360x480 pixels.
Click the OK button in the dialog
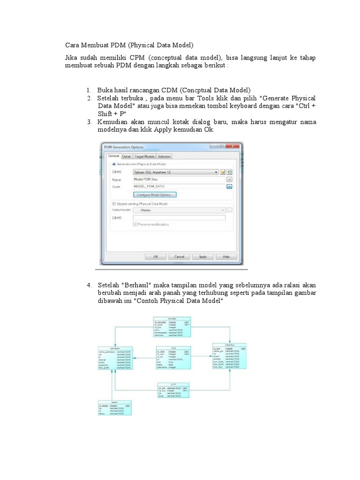[156, 257]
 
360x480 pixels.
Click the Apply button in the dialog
[202, 257]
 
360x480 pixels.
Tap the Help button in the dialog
[226, 257]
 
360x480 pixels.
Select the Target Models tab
[144, 157]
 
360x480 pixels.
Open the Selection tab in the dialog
[164, 157]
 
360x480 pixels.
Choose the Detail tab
[127, 157]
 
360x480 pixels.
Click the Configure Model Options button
[155, 195]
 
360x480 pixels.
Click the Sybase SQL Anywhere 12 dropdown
[176, 172]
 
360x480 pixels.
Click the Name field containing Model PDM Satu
[178, 179]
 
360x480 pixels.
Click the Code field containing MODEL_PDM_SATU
[178, 186]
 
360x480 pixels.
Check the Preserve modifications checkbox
[135, 225]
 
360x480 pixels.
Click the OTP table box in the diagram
[173, 390]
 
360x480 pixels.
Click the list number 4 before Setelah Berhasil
[89, 285]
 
